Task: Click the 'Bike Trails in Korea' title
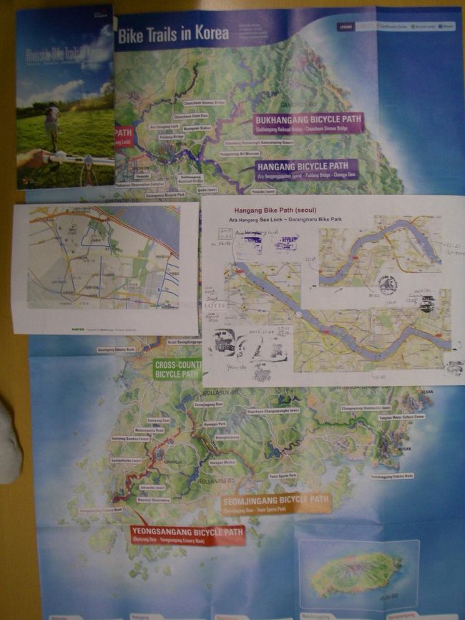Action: (x=173, y=34)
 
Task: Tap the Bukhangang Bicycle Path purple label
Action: (x=308, y=123)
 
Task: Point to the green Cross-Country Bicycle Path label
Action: (x=177, y=369)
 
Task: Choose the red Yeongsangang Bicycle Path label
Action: (x=187, y=535)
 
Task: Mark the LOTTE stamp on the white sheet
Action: (x=215, y=304)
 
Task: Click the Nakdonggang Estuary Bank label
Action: (x=391, y=476)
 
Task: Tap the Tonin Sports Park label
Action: (x=283, y=475)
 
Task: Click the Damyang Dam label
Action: (x=158, y=420)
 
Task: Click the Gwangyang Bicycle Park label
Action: (x=165, y=194)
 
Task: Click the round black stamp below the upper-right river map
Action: (x=387, y=285)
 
